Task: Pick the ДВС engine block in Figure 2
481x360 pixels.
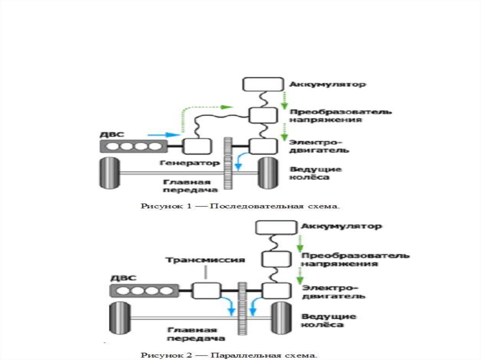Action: [144, 291]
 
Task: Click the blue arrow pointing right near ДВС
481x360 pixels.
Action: [167, 135]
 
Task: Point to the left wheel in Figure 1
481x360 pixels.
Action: [109, 174]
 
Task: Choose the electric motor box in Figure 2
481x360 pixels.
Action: [272, 291]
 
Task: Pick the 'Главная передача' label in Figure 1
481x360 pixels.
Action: [191, 185]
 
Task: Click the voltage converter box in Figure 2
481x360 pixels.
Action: [273, 259]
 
